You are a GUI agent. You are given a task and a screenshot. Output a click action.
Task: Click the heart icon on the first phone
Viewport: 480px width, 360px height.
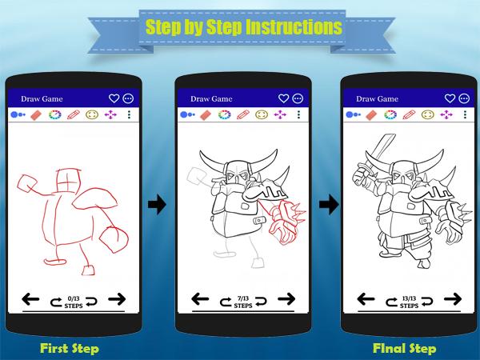tap(114, 98)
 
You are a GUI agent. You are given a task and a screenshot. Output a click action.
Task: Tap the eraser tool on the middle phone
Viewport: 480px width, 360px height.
tap(206, 115)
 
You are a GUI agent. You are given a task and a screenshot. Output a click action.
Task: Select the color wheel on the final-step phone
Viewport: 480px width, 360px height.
tap(390, 114)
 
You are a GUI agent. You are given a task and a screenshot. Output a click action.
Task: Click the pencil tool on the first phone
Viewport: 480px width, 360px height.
tap(73, 114)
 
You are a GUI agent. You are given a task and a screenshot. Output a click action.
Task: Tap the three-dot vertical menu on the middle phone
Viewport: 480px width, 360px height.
tap(298, 114)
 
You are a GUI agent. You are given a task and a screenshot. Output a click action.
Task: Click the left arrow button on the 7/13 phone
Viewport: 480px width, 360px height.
tap(200, 298)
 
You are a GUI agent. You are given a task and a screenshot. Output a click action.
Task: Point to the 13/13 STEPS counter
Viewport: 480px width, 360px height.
tap(409, 302)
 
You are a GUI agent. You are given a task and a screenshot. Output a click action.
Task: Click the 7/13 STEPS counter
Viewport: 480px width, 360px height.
tap(243, 302)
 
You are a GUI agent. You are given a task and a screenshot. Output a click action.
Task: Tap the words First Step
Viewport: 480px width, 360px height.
tap(70, 348)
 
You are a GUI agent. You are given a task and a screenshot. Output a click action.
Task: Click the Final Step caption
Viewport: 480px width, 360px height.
tap(404, 348)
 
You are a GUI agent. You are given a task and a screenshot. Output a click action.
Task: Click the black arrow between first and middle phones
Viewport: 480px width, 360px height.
tap(157, 204)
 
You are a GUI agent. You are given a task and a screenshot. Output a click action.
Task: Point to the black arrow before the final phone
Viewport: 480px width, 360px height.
tap(329, 204)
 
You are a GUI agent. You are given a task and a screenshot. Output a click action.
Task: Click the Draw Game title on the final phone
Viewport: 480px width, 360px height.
tap(377, 99)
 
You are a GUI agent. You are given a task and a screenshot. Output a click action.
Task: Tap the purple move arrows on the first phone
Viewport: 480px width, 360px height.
tap(110, 114)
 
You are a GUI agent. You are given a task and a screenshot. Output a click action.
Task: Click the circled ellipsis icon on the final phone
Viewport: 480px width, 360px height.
tap(464, 98)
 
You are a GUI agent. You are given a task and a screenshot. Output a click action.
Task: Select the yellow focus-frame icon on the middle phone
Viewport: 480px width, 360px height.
tap(262, 114)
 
